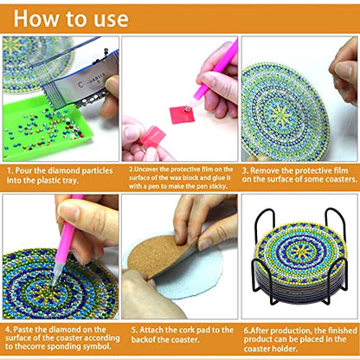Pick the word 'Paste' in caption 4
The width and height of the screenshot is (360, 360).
pos(23,329)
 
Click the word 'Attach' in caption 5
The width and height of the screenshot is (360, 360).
pos(154,329)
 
